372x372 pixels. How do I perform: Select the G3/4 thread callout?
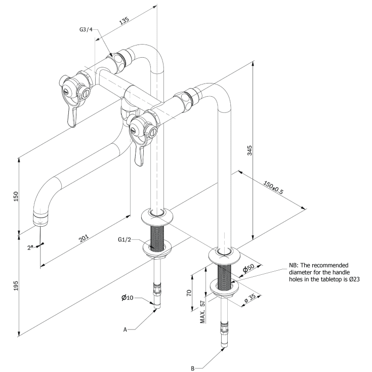coord(86,30)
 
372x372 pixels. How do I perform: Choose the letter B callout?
coord(193,368)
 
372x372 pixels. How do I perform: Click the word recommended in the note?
coord(331,265)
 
